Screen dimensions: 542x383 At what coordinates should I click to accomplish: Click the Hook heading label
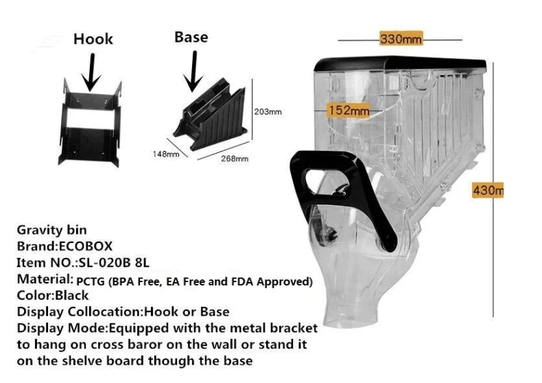click(93, 38)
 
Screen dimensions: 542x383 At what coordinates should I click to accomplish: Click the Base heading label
click(191, 37)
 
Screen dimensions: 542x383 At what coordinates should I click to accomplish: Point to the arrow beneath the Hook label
click(91, 72)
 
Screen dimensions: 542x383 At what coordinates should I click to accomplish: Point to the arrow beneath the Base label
click(193, 71)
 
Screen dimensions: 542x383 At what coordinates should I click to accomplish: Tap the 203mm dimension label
click(268, 112)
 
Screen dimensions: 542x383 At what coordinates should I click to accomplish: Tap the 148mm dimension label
click(166, 154)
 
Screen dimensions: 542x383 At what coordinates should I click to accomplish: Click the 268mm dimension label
click(235, 159)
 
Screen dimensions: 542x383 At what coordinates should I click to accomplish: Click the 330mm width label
click(401, 38)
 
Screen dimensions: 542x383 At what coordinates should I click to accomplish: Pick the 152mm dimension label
click(349, 111)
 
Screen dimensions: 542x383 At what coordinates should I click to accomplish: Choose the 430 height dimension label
click(488, 190)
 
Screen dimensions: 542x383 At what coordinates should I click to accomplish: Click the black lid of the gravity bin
click(400, 64)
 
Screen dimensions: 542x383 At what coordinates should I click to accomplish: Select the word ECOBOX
click(86, 246)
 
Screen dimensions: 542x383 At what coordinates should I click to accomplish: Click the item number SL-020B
click(105, 263)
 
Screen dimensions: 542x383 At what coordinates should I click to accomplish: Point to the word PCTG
click(90, 281)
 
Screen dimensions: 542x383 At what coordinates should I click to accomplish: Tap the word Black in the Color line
click(72, 296)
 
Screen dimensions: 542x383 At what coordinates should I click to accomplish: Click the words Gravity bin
click(52, 230)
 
